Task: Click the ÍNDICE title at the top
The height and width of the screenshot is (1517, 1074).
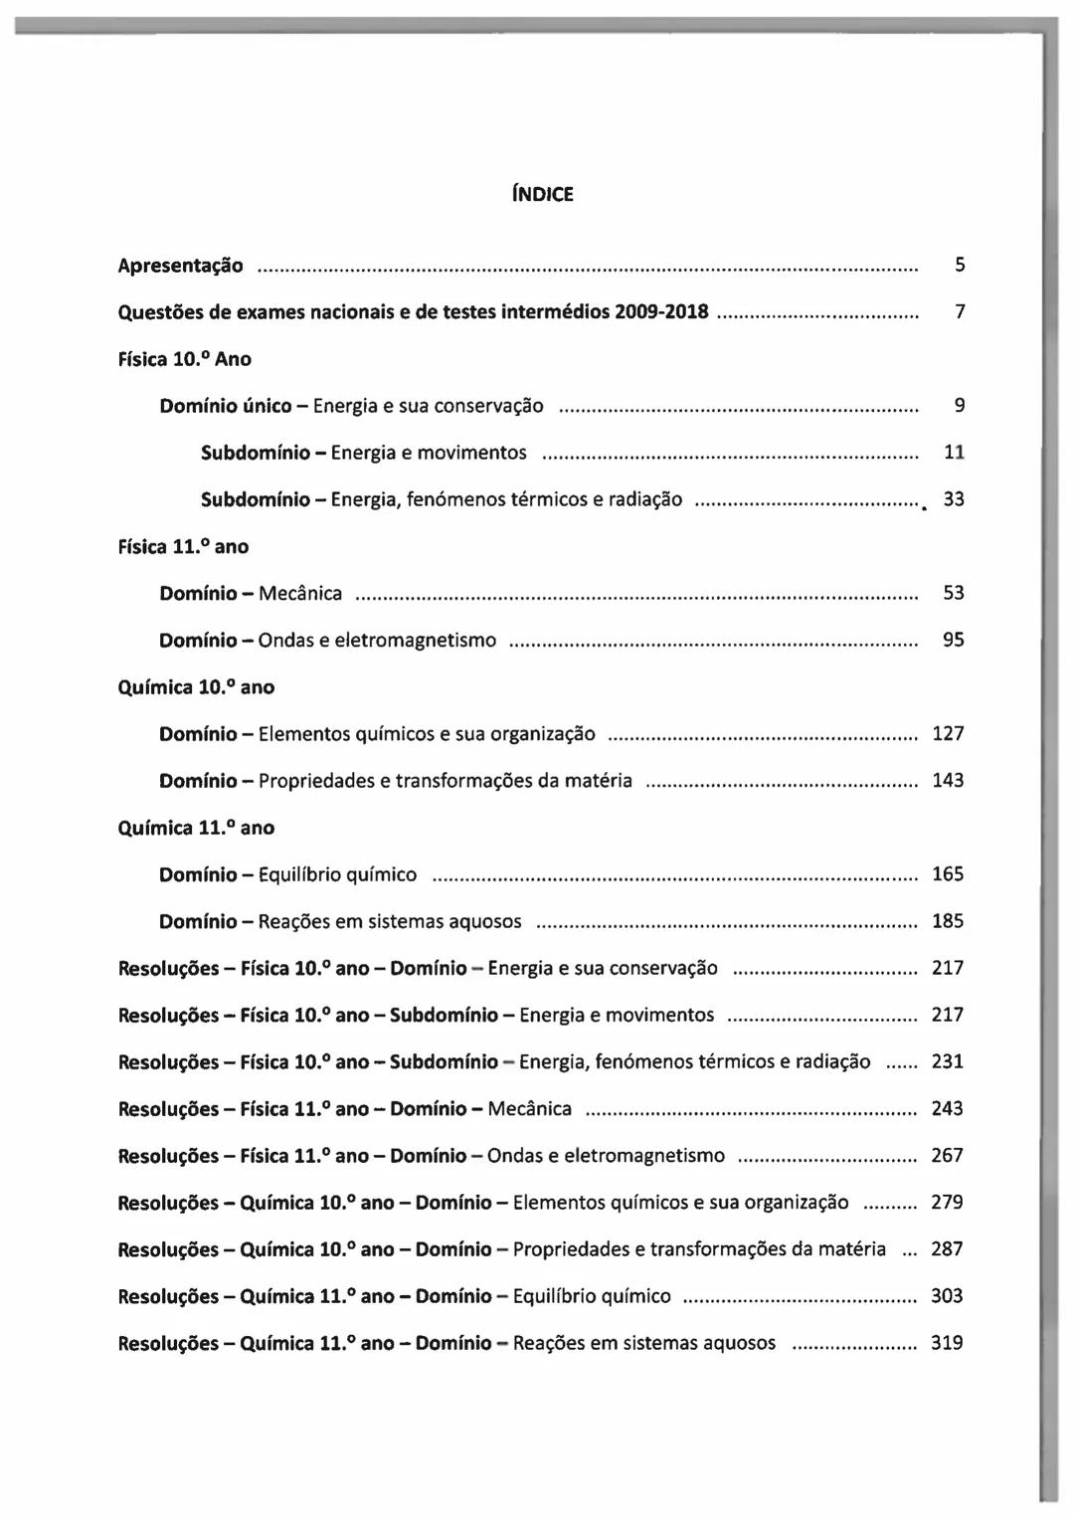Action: pyautogui.click(x=542, y=194)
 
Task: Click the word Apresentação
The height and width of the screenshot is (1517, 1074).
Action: pyautogui.click(x=180, y=266)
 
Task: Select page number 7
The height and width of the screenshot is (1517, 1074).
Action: pyautogui.click(x=960, y=312)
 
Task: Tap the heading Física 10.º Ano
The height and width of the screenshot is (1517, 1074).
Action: pyautogui.click(x=185, y=359)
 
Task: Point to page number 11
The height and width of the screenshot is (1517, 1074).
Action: pyautogui.click(x=954, y=453)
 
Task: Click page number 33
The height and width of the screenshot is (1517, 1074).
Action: pyautogui.click(x=954, y=499)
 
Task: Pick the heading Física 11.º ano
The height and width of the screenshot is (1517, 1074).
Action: pyautogui.click(x=183, y=546)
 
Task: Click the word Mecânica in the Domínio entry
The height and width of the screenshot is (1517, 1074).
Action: pyautogui.click(x=300, y=594)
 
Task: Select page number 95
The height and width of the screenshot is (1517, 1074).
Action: pyautogui.click(x=954, y=640)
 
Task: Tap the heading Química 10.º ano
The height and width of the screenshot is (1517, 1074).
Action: pyautogui.click(x=196, y=687)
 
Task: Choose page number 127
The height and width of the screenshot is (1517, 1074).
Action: pyautogui.click(x=948, y=734)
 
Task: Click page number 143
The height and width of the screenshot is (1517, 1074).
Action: pyautogui.click(x=948, y=781)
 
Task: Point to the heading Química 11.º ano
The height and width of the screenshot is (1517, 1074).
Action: pyautogui.click(x=196, y=828)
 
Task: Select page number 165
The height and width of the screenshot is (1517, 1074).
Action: pyautogui.click(x=948, y=874)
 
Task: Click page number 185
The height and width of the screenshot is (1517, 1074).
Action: pyautogui.click(x=948, y=921)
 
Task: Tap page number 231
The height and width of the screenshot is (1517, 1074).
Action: pyautogui.click(x=948, y=1061)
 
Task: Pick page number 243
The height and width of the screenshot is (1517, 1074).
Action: pyautogui.click(x=948, y=1108)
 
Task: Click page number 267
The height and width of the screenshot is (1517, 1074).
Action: pyautogui.click(x=948, y=1155)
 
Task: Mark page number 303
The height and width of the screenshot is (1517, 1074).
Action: pyautogui.click(x=948, y=1296)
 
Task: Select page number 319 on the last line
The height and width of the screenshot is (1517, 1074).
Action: pyautogui.click(x=948, y=1343)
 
